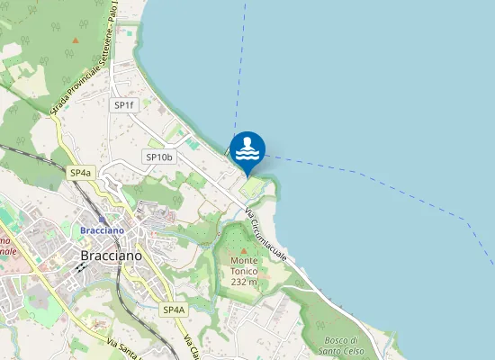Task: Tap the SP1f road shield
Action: click(123, 105)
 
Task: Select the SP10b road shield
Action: click(158, 157)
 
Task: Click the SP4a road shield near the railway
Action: click(80, 172)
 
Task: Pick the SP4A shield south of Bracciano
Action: click(174, 310)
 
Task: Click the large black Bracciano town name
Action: click(111, 256)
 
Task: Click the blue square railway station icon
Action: click(102, 219)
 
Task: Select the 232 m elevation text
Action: click(244, 282)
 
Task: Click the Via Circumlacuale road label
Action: click(266, 236)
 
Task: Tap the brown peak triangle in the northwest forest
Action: click(75, 40)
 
